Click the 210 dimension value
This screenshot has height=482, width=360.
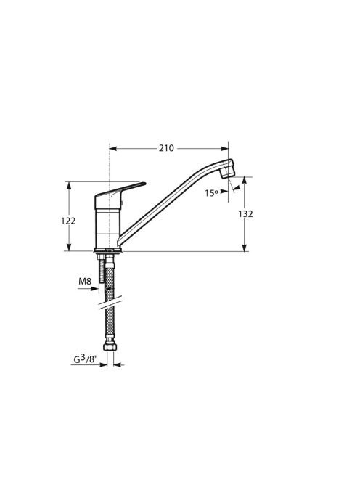(166, 148)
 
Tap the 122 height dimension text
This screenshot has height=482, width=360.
(68, 221)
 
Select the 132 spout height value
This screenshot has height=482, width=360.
(245, 213)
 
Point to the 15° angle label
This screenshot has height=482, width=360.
(211, 193)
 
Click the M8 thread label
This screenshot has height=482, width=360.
(85, 281)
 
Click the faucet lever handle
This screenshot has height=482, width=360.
(120, 191)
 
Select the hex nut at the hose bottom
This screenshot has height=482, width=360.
(110, 347)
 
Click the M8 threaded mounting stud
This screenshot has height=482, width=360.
(102, 269)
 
